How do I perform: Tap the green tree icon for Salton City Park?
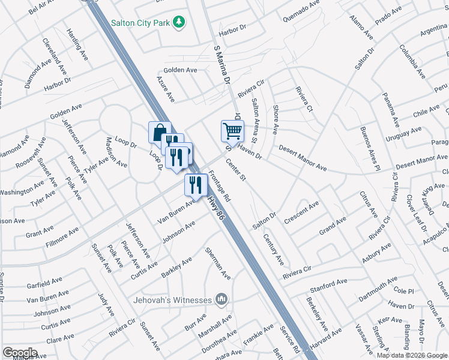tap(178, 22)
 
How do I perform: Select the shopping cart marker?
tap(232, 130)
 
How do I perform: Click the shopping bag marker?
tap(160, 132)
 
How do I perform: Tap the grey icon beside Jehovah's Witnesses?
tap(221, 299)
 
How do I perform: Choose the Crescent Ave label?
tap(302, 212)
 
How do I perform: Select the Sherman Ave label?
tap(218, 264)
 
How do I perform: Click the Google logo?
tap(20, 353)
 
